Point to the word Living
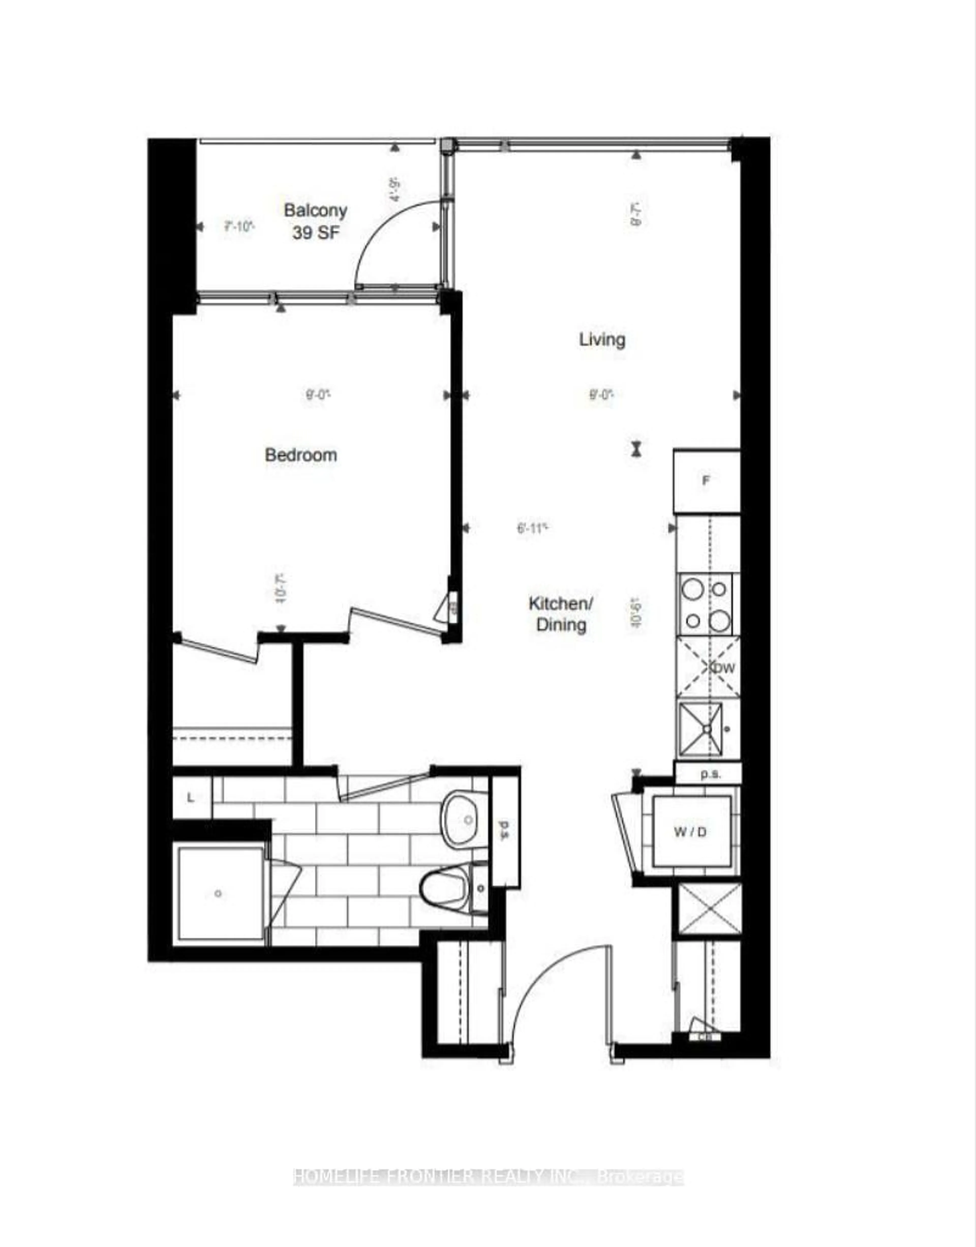pyautogui.click(x=602, y=340)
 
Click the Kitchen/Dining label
pyautogui.click(x=561, y=614)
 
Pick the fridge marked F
pyautogui.click(x=706, y=481)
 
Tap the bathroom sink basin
pyautogui.click(x=466, y=820)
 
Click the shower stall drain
pyautogui.click(x=218, y=894)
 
